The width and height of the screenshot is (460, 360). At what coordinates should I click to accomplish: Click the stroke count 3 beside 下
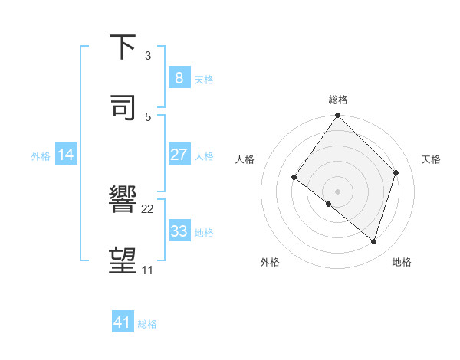pos(148,56)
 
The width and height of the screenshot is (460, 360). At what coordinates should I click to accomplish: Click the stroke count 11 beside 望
pos(148,270)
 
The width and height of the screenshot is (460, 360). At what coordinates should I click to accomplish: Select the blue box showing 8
pos(179,77)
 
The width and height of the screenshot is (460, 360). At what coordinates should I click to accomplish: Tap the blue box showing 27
pos(179,155)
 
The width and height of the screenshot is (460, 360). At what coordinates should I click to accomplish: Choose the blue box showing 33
pos(179,231)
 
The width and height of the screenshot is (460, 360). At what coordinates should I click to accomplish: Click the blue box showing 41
pos(123,322)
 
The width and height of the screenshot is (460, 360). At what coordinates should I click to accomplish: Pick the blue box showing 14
pos(66,155)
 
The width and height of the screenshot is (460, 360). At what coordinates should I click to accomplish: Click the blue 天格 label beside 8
pos(204,79)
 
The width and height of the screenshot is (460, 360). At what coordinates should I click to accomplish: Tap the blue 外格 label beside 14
pos(41,155)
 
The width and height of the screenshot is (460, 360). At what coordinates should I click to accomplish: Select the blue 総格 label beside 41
pos(147,324)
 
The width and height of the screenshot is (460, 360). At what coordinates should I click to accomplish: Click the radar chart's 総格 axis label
pos(338,100)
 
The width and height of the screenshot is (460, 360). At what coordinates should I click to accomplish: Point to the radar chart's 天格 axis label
pos(431,159)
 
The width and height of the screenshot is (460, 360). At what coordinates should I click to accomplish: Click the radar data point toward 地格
pos(373,241)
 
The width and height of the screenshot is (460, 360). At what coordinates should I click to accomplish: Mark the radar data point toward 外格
pos(329,204)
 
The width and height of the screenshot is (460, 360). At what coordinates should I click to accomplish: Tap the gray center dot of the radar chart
pos(337,191)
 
